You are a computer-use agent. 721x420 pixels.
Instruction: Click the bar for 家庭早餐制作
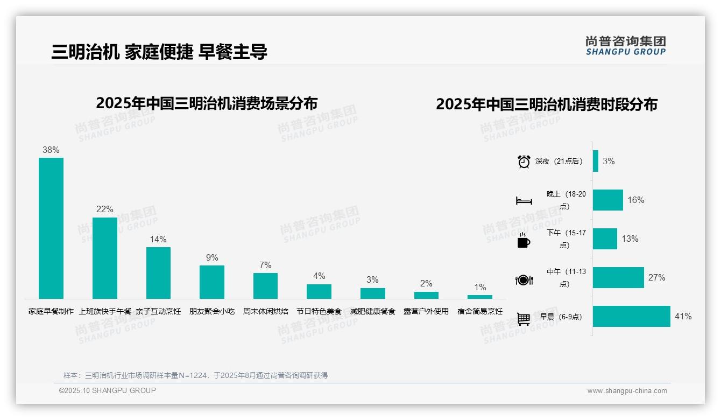[51, 228]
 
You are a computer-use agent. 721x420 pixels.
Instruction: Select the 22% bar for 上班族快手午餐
[105, 258]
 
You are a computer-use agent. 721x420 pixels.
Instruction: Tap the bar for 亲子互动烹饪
[158, 273]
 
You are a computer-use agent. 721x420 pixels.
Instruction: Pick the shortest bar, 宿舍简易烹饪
[480, 297]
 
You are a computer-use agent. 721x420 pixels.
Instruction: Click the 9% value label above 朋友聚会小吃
[212, 258]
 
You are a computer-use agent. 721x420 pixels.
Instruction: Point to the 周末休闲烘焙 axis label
[266, 311]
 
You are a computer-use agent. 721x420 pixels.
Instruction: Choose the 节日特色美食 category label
[319, 311]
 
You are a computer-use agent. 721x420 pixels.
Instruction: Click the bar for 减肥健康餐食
[373, 293]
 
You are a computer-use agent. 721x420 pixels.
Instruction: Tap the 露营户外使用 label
[426, 311]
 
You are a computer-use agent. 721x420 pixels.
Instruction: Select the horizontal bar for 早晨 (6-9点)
[632, 317]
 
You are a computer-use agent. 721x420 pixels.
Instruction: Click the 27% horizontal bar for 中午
[618, 278]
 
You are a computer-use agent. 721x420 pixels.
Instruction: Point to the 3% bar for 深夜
[596, 161]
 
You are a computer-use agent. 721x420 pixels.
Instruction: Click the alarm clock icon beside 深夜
[524, 162]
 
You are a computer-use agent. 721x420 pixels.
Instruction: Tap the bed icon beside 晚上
[524, 201]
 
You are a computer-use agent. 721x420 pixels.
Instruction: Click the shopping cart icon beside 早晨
[524, 319]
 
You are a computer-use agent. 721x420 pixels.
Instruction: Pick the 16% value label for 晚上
[635, 200]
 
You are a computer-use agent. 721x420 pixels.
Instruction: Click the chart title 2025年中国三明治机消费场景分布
[207, 103]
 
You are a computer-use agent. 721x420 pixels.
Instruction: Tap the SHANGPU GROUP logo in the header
[625, 46]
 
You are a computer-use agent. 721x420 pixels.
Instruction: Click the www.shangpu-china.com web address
[627, 391]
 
